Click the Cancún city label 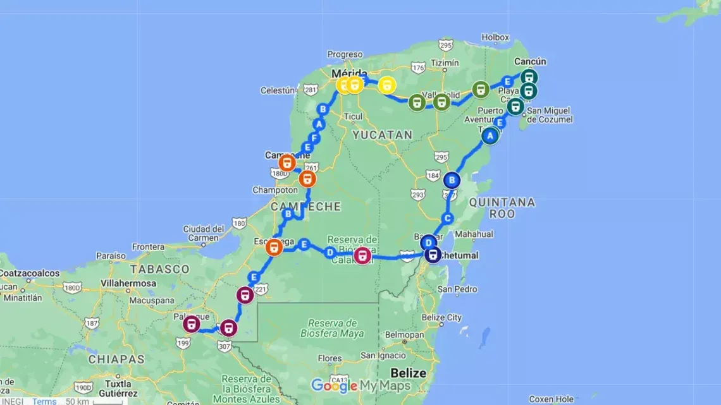(x=530, y=61)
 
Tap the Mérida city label (x=347, y=73)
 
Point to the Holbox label (x=495, y=37)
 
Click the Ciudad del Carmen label (x=204, y=233)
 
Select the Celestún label (x=278, y=90)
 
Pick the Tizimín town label (x=444, y=63)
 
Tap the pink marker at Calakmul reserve (x=362, y=256)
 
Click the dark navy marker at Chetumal (x=433, y=255)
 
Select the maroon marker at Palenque (x=191, y=325)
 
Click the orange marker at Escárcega (x=274, y=247)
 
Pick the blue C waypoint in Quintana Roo (x=448, y=219)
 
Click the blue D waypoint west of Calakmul (x=330, y=253)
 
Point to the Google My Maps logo (x=360, y=385)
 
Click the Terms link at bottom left (x=44, y=401)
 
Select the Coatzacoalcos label (x=30, y=274)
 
